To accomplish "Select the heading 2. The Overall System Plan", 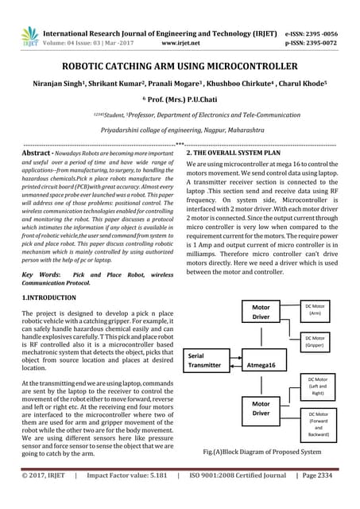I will pos(237,153).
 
